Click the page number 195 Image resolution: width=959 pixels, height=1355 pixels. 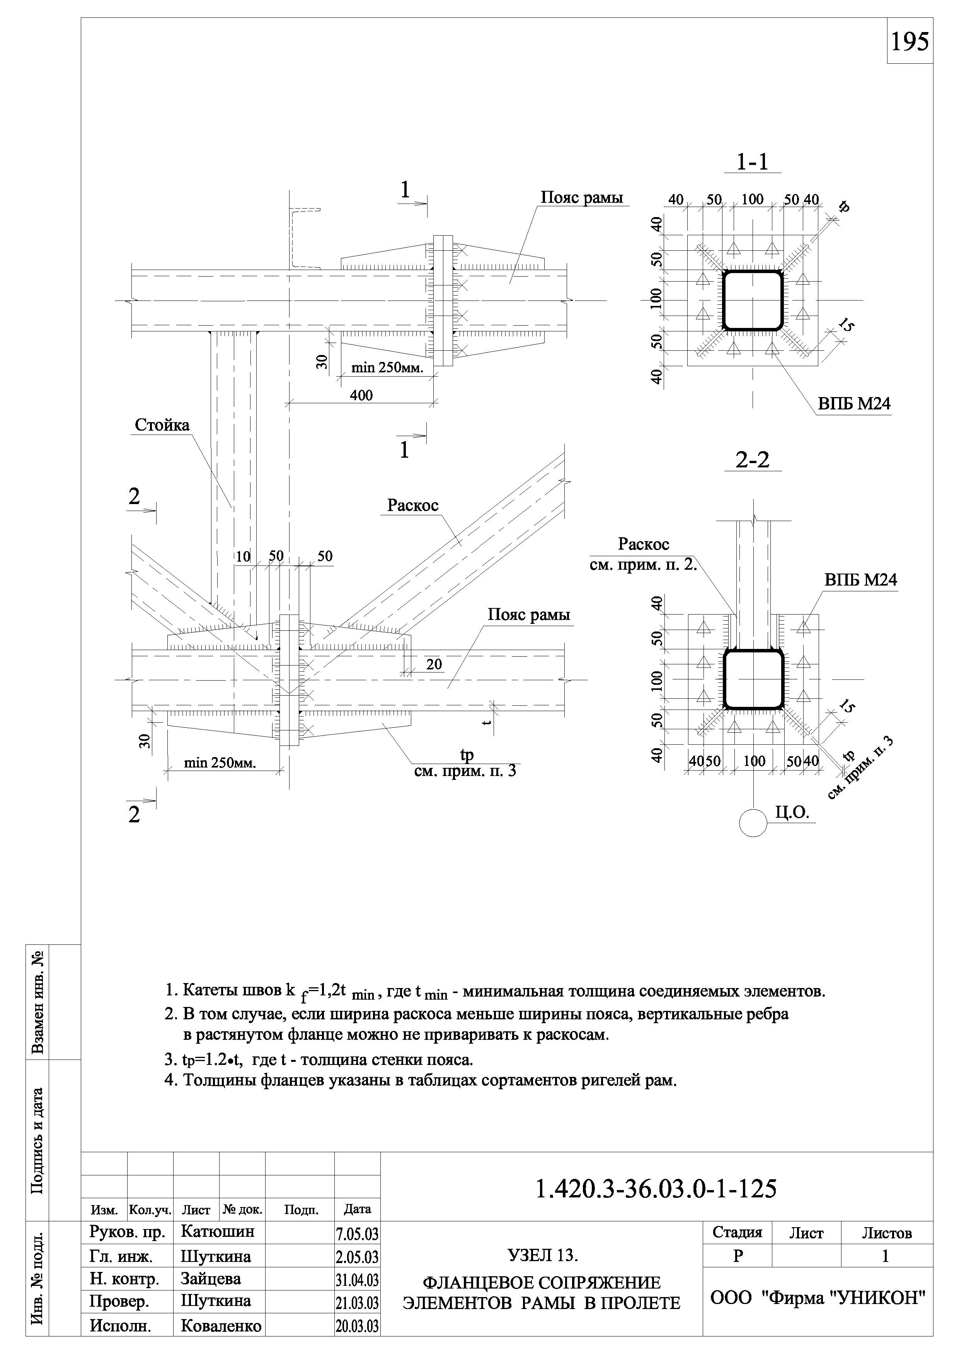pyautogui.click(x=910, y=42)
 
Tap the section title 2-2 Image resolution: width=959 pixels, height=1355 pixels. pyautogui.click(x=752, y=460)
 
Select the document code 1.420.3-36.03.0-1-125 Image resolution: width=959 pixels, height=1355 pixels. pyautogui.click(x=656, y=1189)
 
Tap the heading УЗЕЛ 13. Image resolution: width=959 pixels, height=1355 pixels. pyautogui.click(x=542, y=1255)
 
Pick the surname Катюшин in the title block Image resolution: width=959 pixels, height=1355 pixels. pyautogui.click(x=217, y=1232)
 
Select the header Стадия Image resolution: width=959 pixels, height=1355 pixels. pyautogui.click(x=737, y=1233)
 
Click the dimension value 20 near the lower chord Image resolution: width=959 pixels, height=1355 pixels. pyautogui.click(x=434, y=664)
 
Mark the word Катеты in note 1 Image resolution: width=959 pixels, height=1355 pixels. pyautogui.click(x=207, y=990)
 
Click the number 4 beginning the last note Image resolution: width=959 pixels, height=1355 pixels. pyautogui.click(x=170, y=1081)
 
